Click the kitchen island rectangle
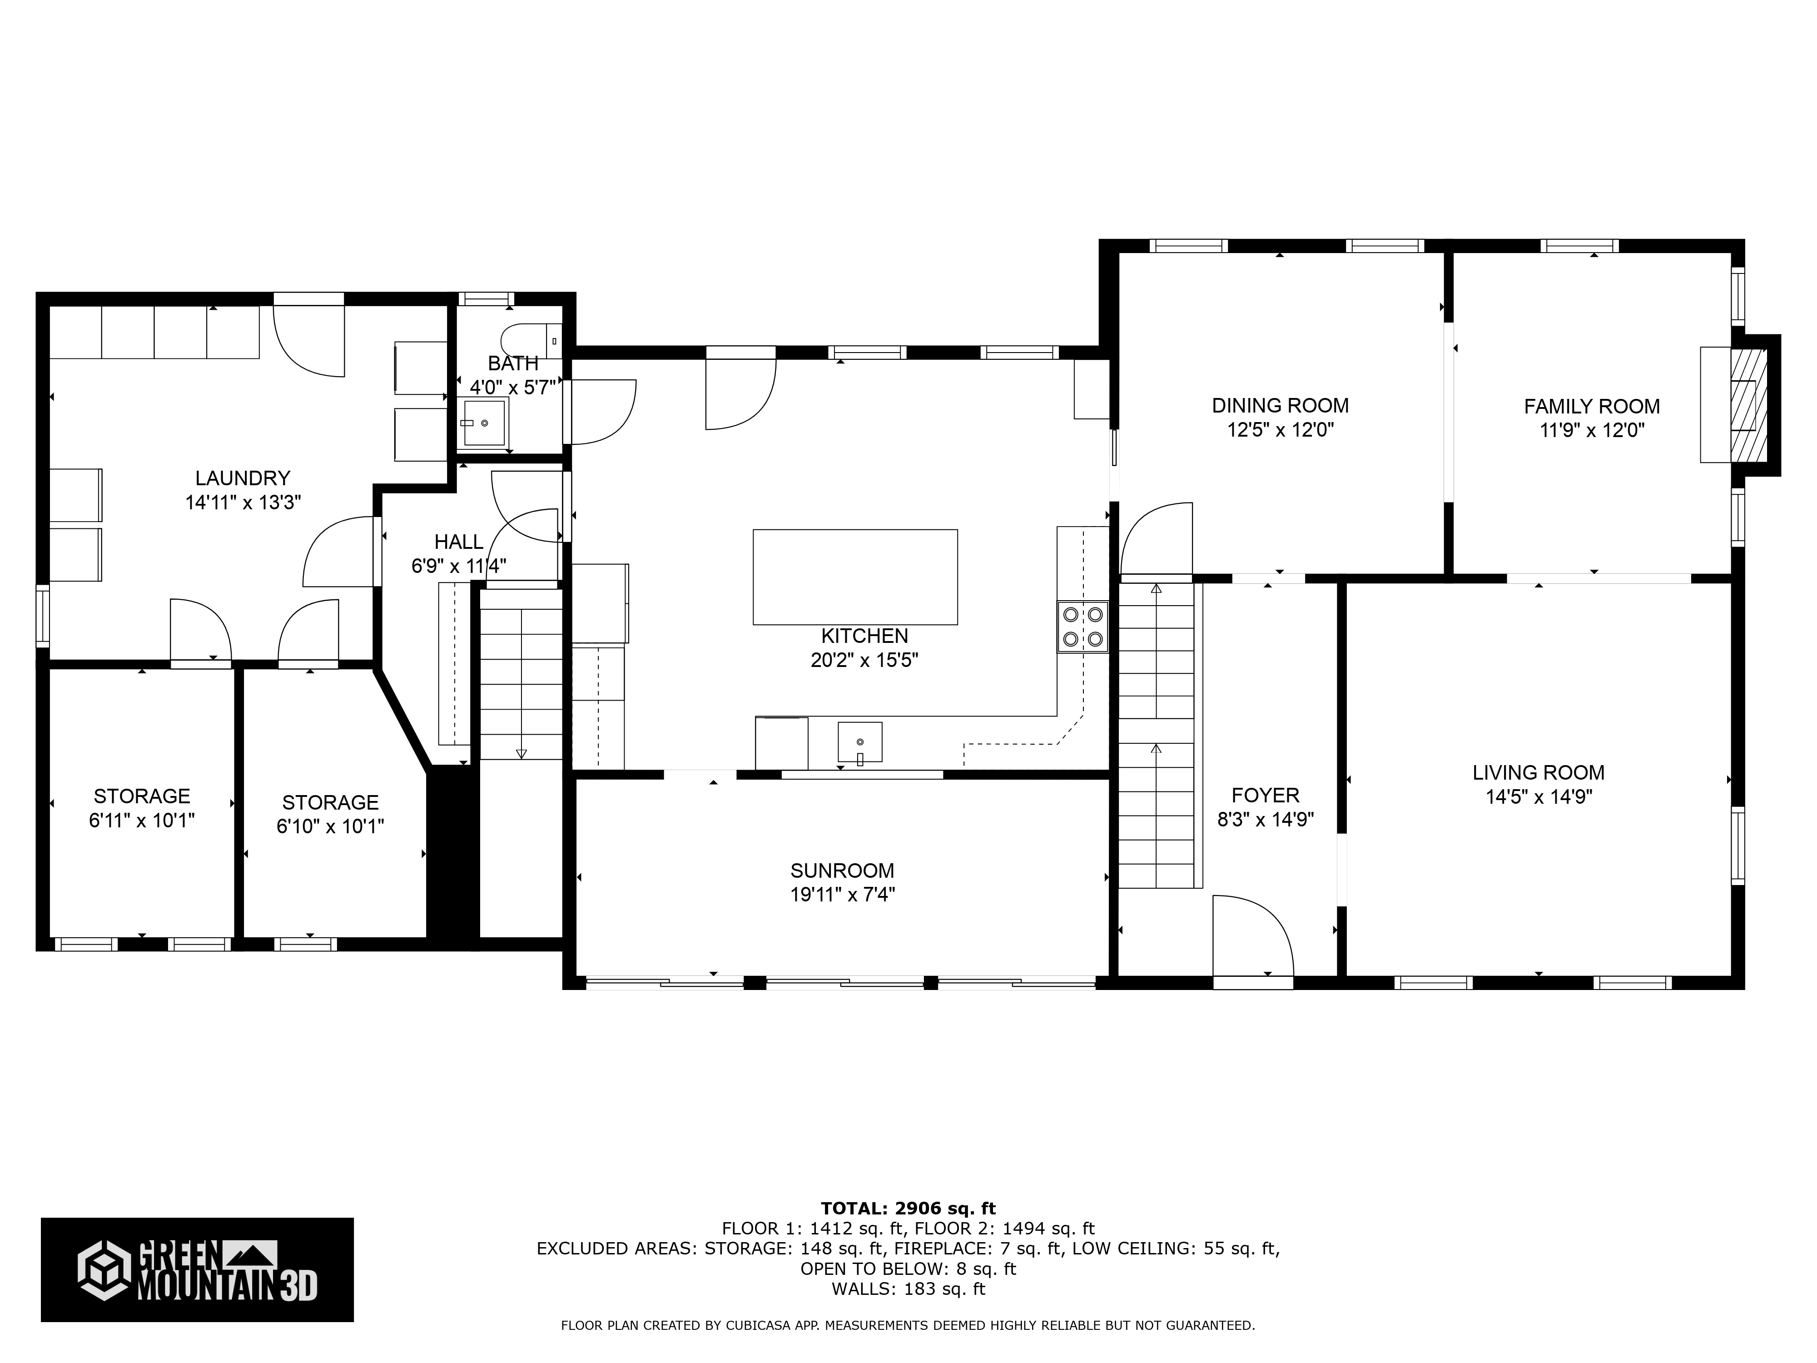click(x=854, y=577)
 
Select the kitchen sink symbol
click(x=859, y=742)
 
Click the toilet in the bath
click(x=530, y=338)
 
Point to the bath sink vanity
click(x=485, y=422)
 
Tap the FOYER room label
click(x=1265, y=795)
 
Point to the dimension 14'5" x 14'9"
click(x=1539, y=797)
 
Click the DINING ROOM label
click(x=1280, y=405)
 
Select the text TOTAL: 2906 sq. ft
click(x=908, y=1209)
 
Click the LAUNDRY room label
click(x=242, y=478)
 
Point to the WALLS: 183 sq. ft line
click(x=908, y=1289)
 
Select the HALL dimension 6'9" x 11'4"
click(x=458, y=566)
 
